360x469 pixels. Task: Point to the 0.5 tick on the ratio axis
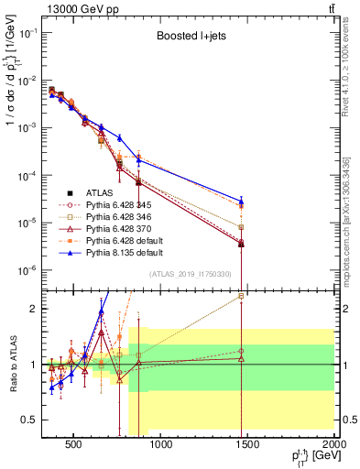[34, 420]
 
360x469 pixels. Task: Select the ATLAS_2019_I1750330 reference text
[190, 273]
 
